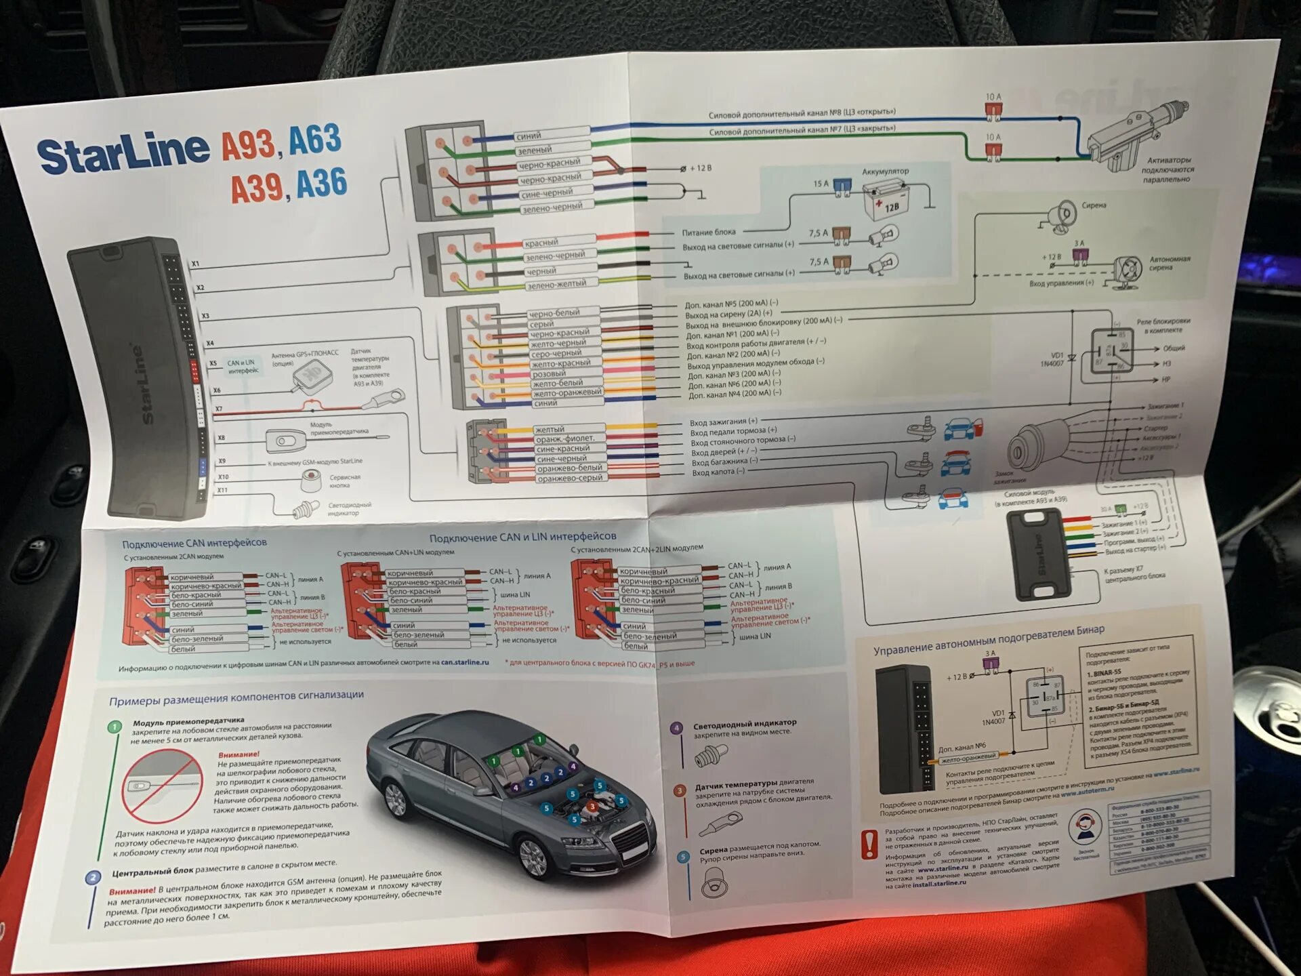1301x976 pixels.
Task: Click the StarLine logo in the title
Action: pos(123,155)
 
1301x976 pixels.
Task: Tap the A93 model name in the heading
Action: pos(249,144)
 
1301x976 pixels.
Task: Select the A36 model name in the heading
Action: pos(322,183)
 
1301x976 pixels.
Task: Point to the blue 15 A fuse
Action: pos(842,185)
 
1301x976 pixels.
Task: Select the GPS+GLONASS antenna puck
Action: pos(312,377)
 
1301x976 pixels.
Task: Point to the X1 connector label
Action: pos(195,264)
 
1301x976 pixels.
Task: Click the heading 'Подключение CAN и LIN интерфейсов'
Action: pos(522,537)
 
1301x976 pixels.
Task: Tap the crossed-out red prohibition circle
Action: pos(162,787)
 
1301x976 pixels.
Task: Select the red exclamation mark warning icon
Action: pos(869,845)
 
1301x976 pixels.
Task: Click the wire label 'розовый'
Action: pos(549,373)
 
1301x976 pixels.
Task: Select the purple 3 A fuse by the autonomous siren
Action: pos(1079,255)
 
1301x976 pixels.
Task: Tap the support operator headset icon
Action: pos(1085,828)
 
